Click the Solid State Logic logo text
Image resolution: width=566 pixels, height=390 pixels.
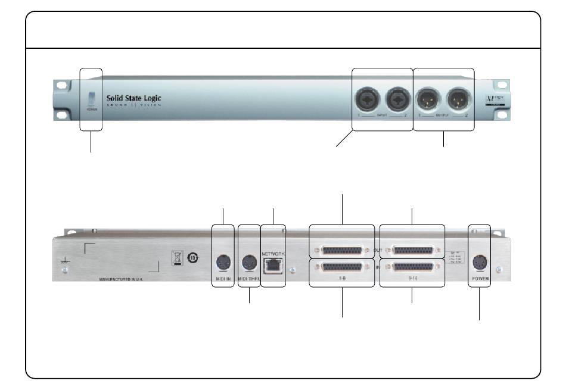tap(133, 98)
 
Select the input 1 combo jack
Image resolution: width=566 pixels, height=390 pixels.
tap(368, 97)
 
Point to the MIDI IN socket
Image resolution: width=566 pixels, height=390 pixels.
tap(223, 261)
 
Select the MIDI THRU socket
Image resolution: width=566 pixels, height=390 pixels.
tap(248, 261)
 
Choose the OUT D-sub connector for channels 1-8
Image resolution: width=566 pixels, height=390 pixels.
tap(343, 251)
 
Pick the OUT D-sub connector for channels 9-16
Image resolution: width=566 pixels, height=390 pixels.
tap(412, 251)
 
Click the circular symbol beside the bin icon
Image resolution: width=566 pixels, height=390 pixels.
tap(193, 258)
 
